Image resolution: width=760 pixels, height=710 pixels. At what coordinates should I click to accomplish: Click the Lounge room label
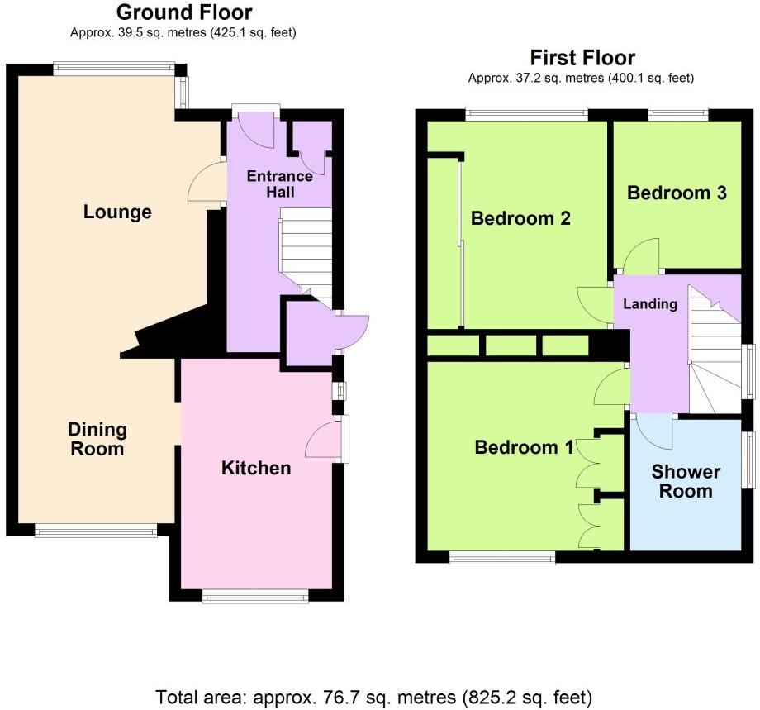click(117, 212)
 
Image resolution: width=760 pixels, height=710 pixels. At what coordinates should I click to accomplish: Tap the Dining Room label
click(97, 439)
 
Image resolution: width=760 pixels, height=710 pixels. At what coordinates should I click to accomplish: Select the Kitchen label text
click(256, 469)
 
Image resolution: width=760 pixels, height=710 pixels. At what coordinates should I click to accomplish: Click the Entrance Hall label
click(280, 183)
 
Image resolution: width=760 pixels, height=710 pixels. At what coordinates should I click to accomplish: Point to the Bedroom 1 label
click(524, 447)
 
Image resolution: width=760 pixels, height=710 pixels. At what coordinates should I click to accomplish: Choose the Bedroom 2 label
click(520, 219)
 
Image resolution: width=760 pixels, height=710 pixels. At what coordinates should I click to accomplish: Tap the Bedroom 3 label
click(677, 193)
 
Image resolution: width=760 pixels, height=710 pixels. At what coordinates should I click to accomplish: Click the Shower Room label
click(686, 481)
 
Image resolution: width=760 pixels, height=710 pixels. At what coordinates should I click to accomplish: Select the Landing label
click(649, 304)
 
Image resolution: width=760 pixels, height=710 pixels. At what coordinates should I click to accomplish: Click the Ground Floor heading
click(184, 12)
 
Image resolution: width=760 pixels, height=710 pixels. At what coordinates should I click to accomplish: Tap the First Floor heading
click(582, 58)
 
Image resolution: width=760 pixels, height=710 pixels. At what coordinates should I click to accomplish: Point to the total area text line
click(374, 696)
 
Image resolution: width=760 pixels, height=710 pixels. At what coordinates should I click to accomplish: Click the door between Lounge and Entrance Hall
click(207, 181)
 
